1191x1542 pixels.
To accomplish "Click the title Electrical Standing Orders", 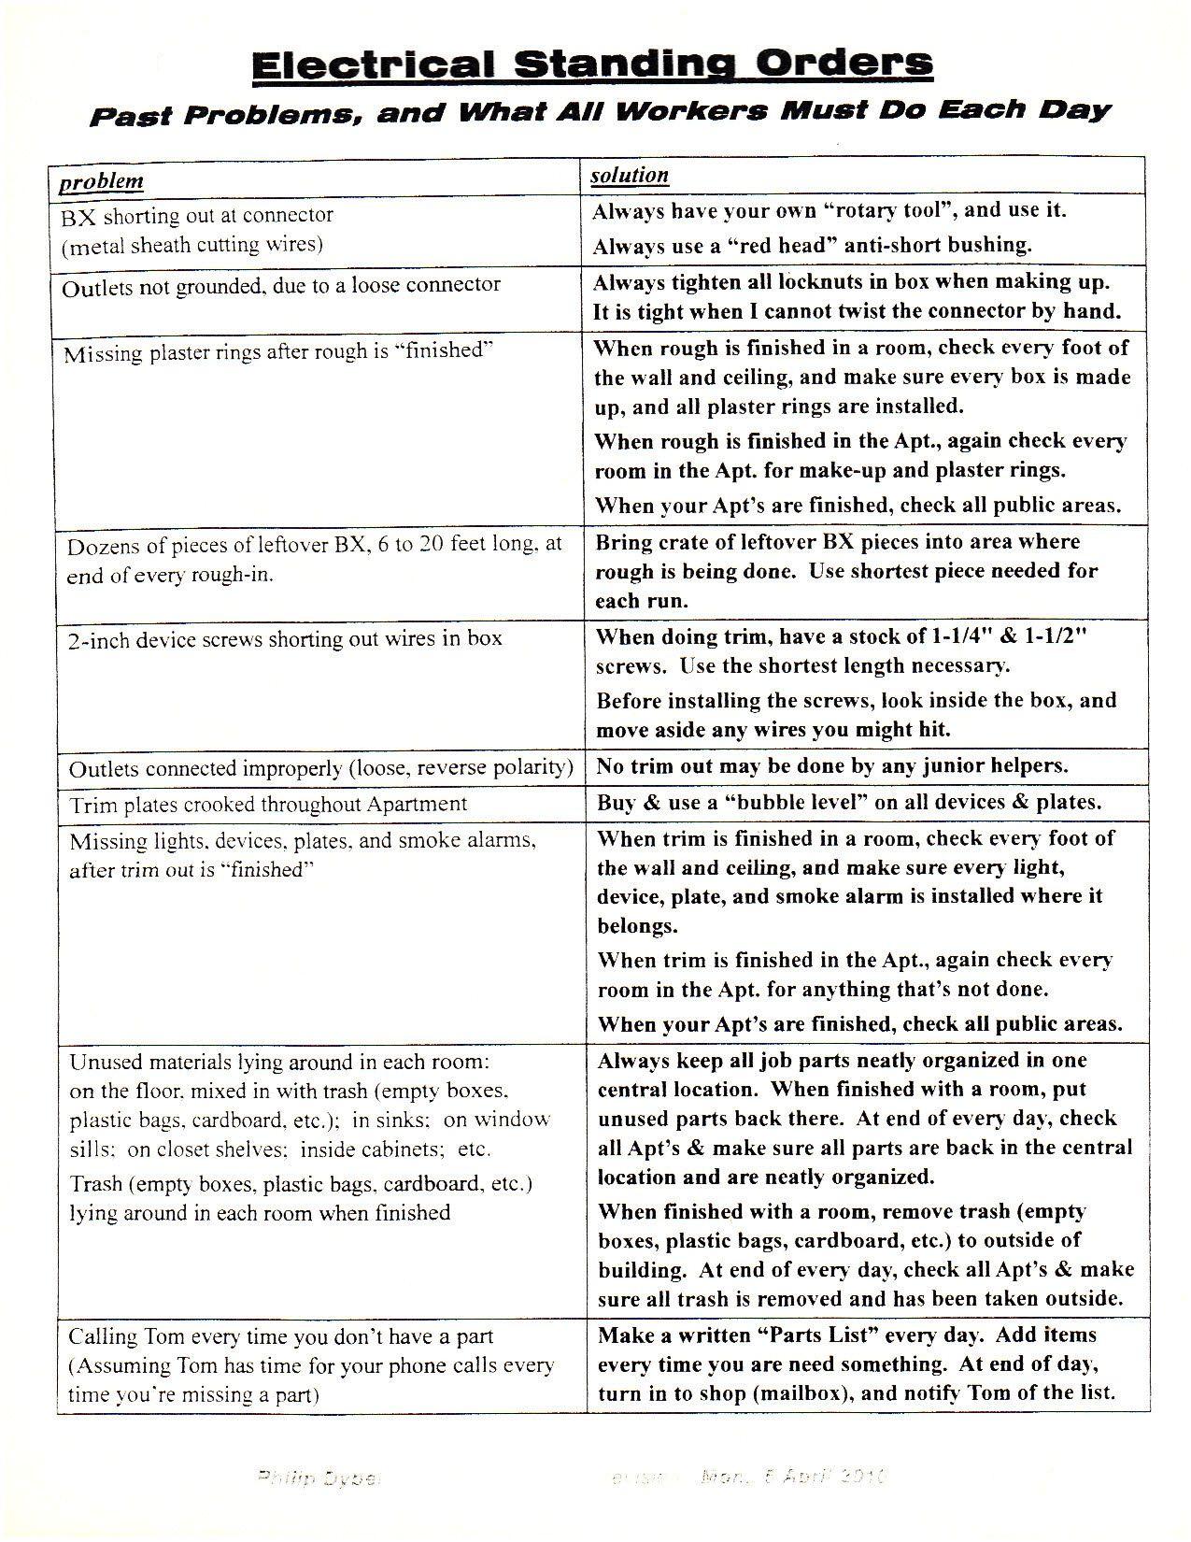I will [592, 64].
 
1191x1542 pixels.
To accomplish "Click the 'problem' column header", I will [102, 180].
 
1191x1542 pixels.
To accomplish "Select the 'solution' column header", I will [631, 175].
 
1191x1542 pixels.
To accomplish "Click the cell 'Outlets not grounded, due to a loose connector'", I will [281, 286].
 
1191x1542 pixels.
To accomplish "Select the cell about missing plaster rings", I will [277, 352].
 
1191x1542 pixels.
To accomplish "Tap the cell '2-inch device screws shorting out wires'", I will [284, 639].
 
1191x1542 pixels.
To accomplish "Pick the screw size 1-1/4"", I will [966, 636].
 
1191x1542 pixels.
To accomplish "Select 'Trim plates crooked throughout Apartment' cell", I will [268, 804].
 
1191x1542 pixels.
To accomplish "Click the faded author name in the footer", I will [317, 1478].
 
